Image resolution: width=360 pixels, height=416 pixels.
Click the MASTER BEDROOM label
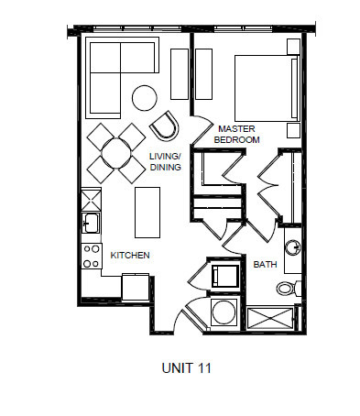tap(237, 134)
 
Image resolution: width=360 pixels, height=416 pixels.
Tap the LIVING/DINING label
tap(164, 162)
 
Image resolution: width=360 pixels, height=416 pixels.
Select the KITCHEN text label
tap(129, 255)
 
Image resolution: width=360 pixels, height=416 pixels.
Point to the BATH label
tap(265, 265)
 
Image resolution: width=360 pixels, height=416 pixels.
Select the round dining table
tap(116, 150)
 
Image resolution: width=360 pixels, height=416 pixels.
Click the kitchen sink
tap(91, 223)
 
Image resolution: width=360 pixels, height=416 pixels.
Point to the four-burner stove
tap(91, 256)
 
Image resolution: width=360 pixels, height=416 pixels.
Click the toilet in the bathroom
tap(286, 289)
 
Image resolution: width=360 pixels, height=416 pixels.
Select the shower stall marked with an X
tap(270, 317)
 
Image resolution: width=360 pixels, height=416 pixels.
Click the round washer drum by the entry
tap(223, 314)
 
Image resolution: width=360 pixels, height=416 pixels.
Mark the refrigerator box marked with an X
tap(91, 199)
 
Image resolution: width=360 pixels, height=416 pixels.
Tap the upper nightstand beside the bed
tap(293, 48)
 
